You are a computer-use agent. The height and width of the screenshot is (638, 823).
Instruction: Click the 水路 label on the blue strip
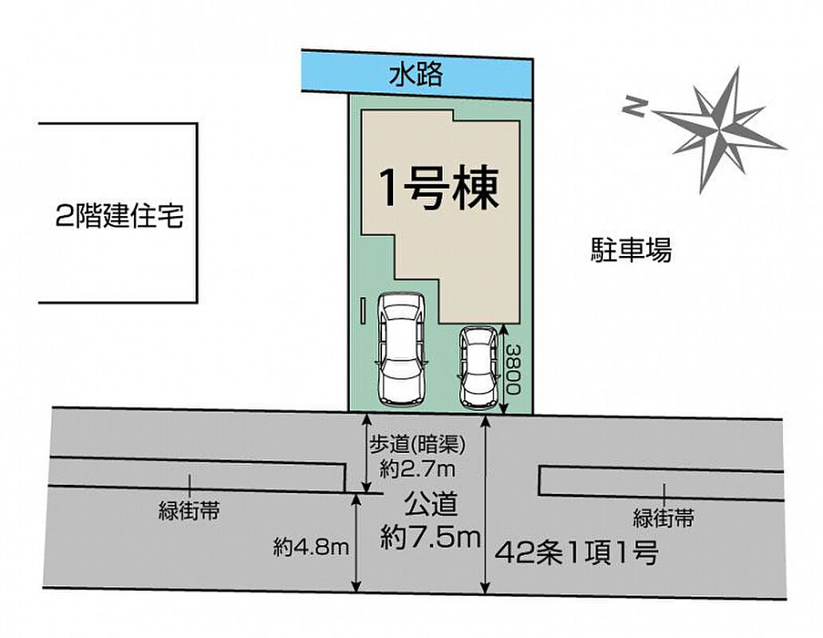415,74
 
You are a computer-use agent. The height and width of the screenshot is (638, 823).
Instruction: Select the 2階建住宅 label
120,215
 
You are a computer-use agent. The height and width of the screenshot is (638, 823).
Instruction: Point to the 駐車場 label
632,250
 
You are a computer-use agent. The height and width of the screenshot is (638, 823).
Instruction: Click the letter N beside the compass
634,108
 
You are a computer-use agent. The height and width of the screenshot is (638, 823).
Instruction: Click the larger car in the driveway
401,349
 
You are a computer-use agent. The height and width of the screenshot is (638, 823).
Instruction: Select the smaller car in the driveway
477,368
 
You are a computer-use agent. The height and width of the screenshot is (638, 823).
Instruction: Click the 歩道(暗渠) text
418,445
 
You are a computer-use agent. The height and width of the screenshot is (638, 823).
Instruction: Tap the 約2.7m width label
418,469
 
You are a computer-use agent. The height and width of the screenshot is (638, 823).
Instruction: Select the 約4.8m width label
311,548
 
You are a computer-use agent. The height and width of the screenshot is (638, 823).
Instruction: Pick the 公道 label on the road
431,505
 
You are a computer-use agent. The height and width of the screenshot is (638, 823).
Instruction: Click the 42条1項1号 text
577,553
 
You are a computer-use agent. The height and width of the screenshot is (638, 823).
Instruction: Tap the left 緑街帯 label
189,510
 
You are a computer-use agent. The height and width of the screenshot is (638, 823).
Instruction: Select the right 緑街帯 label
664,518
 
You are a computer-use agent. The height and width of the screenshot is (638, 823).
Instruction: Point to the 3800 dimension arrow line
503,369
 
